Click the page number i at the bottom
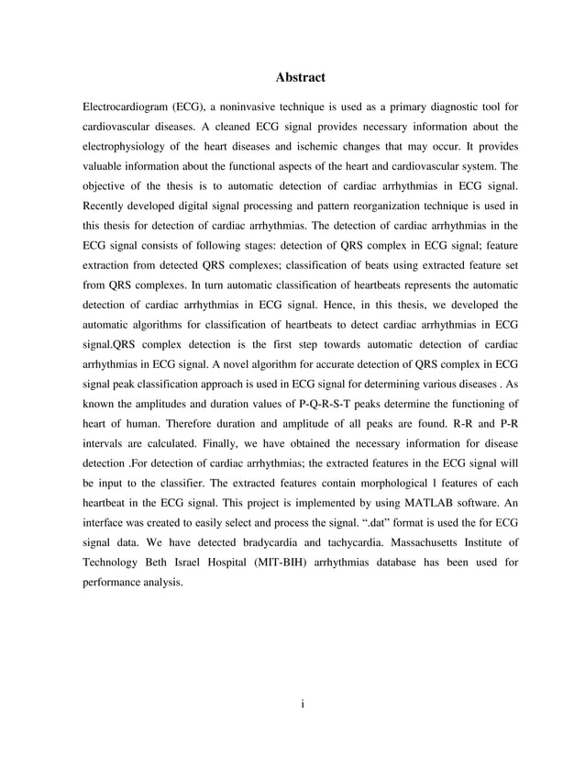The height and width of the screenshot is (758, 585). [x=302, y=705]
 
